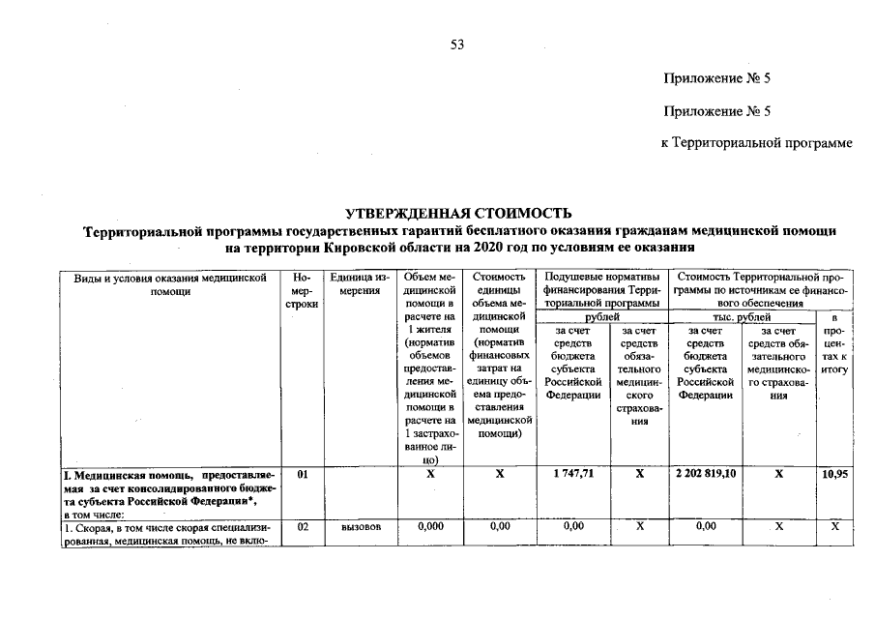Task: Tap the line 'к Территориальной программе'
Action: point(756,143)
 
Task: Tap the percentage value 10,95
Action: point(835,475)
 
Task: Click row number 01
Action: point(302,475)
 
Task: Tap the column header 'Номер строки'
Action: point(302,290)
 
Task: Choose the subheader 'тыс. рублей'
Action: point(742,316)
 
